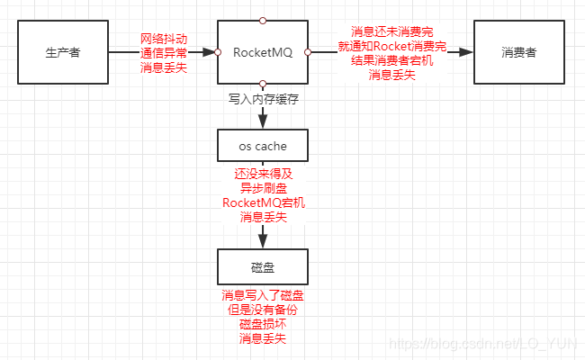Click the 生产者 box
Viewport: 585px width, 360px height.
(63, 52)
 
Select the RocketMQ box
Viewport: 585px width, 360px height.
(263, 52)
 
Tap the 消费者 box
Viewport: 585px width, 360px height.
(519, 52)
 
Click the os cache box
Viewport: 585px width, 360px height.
(263, 144)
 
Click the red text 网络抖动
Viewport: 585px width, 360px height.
(165, 39)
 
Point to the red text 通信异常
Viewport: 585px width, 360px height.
(165, 53)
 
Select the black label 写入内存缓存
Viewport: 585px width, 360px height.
(263, 99)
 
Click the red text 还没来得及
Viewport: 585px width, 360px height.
(263, 174)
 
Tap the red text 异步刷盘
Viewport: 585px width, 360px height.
(263, 188)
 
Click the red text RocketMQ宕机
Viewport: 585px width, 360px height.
(263, 202)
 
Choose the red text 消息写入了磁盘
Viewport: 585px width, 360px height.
(263, 295)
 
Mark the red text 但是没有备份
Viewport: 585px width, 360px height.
(263, 310)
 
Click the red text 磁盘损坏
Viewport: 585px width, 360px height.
(263, 324)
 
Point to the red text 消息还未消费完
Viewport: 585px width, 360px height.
(392, 31)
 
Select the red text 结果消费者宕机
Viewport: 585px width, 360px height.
(392, 60)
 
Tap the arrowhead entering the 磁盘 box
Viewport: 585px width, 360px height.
(263, 243)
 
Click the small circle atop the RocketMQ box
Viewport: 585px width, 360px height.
(263, 19)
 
